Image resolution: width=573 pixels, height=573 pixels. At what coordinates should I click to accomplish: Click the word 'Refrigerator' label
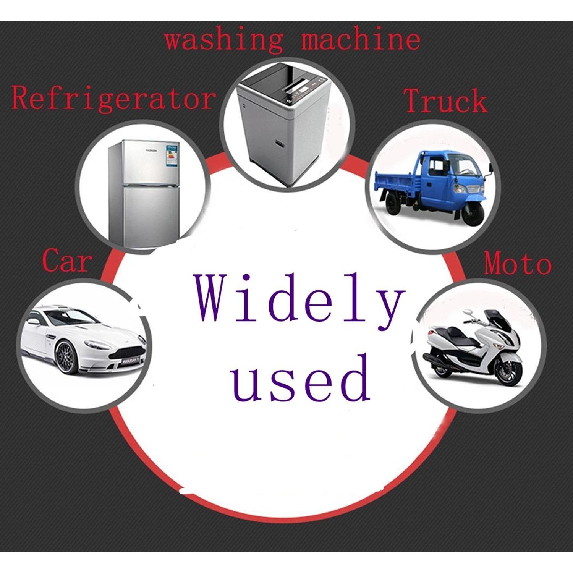pos(113,98)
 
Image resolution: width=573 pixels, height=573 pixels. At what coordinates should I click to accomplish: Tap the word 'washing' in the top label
pos(224,39)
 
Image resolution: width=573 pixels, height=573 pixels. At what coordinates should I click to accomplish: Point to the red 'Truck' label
pos(445,100)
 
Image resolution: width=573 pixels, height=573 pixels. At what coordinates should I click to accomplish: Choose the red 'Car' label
pos(67,260)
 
